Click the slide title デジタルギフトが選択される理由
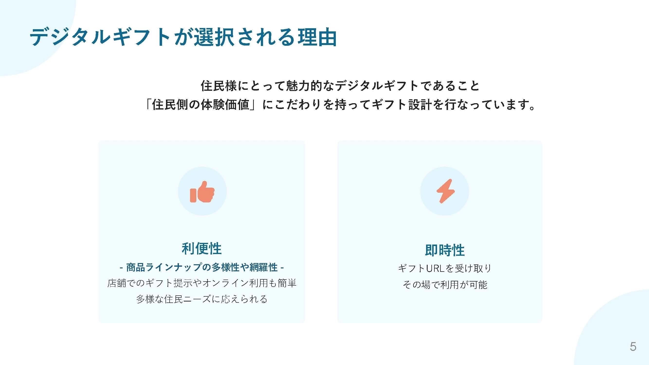[x=183, y=37]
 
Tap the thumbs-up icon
[x=202, y=192]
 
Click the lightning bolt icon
[x=445, y=191]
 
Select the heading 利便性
[x=201, y=248]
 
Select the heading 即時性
[x=445, y=250]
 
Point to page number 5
[x=633, y=347]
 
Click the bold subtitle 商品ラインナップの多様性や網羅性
[x=202, y=267]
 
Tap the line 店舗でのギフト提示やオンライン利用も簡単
[x=202, y=283]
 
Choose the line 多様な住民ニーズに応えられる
[x=202, y=299]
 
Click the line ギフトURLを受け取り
[x=445, y=268]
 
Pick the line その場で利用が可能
[x=445, y=285]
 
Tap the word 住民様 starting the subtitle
[x=219, y=86]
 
